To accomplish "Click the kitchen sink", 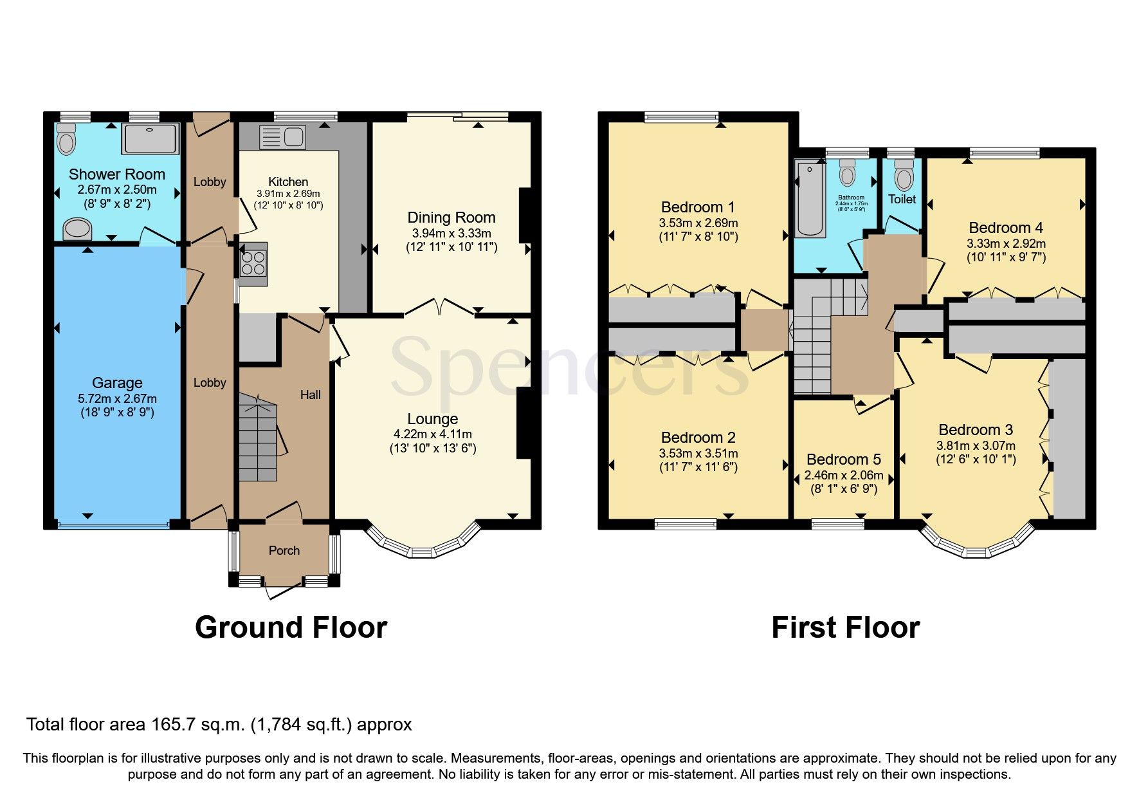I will pyautogui.click(x=282, y=137).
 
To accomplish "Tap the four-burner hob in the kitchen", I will pyautogui.click(x=253, y=264).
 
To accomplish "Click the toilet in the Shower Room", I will pyautogui.click(x=65, y=139).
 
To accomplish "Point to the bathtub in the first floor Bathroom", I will pyautogui.click(x=806, y=199).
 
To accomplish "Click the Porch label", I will pyautogui.click(x=284, y=550).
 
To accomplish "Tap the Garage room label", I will pyautogui.click(x=117, y=383).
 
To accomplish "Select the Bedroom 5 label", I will pyautogui.click(x=843, y=459).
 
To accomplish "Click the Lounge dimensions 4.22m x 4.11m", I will pyautogui.click(x=433, y=434).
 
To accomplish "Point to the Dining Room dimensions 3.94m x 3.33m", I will pyautogui.click(x=451, y=233).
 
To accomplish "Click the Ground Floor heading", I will pyautogui.click(x=291, y=627).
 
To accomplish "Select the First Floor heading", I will pyautogui.click(x=845, y=627).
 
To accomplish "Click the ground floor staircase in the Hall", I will pyautogui.click(x=259, y=438).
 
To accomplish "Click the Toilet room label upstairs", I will pyautogui.click(x=902, y=199).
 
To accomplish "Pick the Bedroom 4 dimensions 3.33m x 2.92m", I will pyautogui.click(x=1006, y=243).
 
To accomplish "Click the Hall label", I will pyautogui.click(x=310, y=394).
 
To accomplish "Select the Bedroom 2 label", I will pyautogui.click(x=698, y=438).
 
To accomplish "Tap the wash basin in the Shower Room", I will pyautogui.click(x=78, y=228).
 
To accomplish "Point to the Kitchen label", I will pyautogui.click(x=288, y=181).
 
